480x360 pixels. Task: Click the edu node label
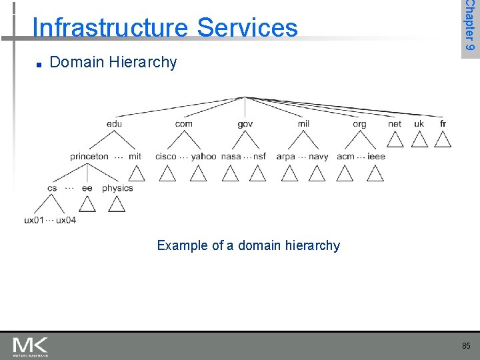[114, 123]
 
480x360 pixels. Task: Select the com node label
[184, 123]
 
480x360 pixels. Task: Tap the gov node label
[245, 124]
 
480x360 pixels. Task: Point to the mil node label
[303, 123]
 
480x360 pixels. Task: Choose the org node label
[359, 124]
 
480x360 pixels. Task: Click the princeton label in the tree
[89, 157]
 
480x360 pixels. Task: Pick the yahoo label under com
[203, 157]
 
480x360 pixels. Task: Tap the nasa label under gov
[231, 157]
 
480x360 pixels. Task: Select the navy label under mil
[318, 157]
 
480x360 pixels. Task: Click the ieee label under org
[376, 157]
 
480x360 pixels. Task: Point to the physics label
[117, 189]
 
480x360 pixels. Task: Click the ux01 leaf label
[34, 220]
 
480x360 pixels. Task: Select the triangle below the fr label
[443, 139]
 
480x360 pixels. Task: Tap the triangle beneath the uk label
[419, 139]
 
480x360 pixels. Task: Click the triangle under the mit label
[136, 173]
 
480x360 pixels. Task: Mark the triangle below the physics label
[117, 204]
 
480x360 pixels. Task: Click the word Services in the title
[247, 28]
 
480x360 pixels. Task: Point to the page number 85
[465, 346]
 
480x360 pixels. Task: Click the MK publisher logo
[30, 346]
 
